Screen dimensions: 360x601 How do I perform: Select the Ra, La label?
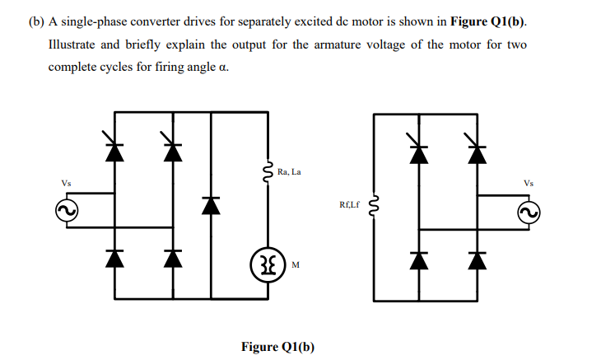(x=290, y=172)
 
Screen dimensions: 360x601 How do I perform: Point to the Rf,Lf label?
(x=350, y=201)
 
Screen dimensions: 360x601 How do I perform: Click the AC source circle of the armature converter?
(x=66, y=213)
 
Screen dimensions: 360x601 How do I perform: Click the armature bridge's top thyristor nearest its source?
(x=114, y=150)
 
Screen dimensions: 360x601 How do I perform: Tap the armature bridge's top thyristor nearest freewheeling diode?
(x=171, y=150)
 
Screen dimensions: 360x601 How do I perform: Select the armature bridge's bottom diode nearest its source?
(x=114, y=258)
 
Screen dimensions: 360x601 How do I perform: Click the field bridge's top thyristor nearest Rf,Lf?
(x=420, y=150)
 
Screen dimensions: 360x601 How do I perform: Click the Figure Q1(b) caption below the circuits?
(x=277, y=346)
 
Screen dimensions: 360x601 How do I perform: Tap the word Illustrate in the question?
(x=76, y=44)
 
